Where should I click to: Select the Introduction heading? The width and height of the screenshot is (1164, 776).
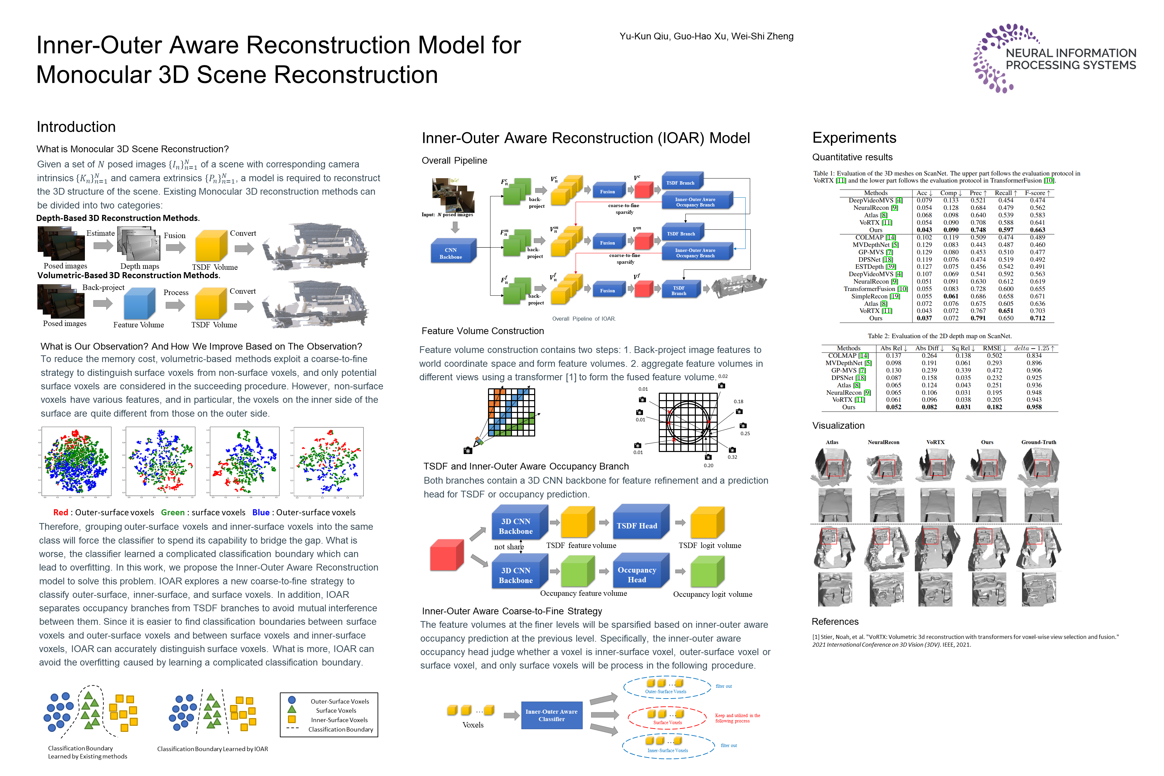76,127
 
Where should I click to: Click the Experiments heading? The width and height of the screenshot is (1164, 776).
854,137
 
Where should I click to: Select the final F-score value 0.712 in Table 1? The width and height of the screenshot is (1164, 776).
1037,318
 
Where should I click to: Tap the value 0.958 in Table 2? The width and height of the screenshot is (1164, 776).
1034,407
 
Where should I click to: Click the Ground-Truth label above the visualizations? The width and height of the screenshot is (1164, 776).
1038,442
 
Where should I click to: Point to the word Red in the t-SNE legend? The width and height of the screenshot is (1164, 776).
60,513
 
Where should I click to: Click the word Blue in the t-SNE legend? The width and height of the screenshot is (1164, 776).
261,513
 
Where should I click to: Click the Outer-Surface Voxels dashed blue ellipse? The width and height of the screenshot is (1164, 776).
667,687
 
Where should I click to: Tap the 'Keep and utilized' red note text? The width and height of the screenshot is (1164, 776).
737,718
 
